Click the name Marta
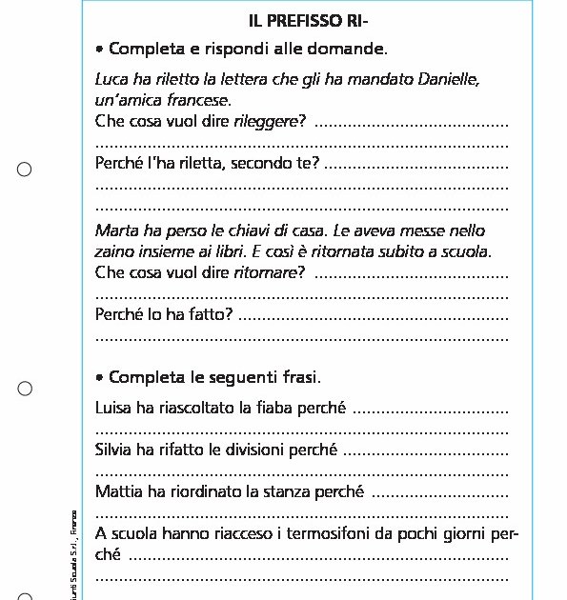(115, 231)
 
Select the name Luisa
(114, 409)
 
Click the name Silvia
(115, 450)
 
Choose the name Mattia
(118, 492)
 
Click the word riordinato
(195, 492)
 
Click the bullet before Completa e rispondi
(100, 49)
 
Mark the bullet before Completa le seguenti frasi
(100, 378)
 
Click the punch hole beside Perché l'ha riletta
(25, 170)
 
